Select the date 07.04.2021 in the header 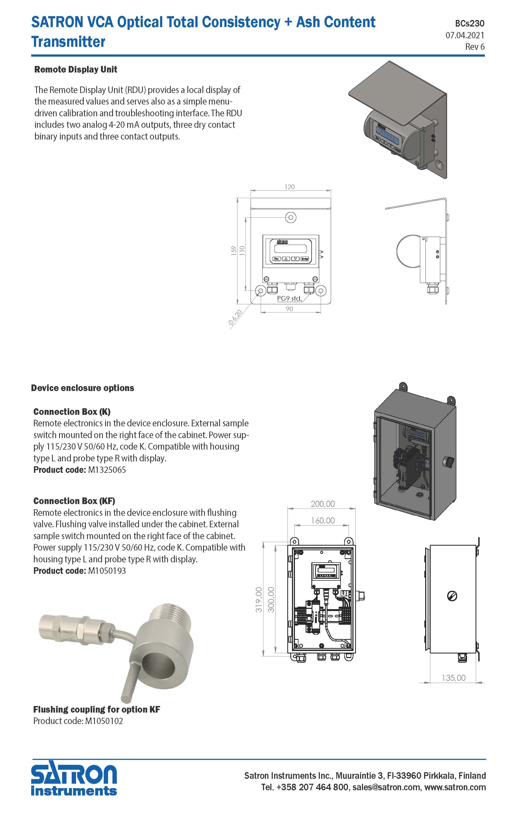[x=465, y=35]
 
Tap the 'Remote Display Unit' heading [x=76, y=70]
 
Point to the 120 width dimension [x=290, y=187]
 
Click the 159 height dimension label [x=233, y=251]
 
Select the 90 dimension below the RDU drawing [x=289, y=309]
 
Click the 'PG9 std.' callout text [x=289, y=299]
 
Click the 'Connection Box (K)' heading [x=72, y=412]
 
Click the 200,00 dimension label [x=323, y=504]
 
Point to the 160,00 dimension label [x=323, y=520]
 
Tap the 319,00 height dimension [x=259, y=600]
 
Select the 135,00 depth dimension [x=454, y=678]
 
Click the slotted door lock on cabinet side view [x=452, y=596]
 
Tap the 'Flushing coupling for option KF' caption [x=97, y=709]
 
